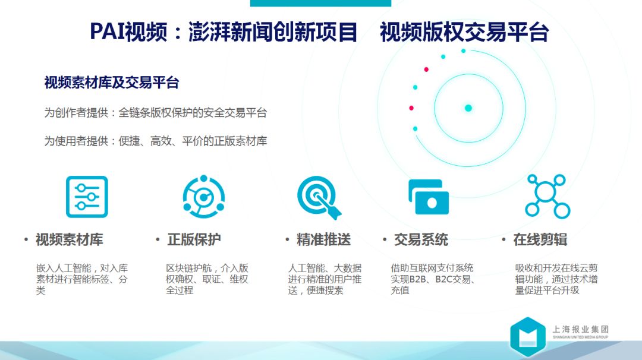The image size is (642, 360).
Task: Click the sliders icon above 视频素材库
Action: tap(87, 197)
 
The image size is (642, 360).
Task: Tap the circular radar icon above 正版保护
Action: tap(203, 197)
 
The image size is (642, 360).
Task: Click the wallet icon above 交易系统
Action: tap(429, 197)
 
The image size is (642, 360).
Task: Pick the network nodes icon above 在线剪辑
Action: tap(547, 197)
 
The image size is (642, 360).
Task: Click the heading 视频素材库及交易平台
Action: tap(112, 83)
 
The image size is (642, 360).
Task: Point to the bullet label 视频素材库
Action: tap(69, 239)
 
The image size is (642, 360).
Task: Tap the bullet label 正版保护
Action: tap(194, 239)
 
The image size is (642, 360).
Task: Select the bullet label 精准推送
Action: tap(323, 239)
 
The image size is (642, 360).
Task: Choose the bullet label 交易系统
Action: tap(421, 239)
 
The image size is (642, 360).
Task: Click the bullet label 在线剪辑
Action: tap(540, 239)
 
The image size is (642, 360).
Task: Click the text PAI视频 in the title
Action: tap(128, 32)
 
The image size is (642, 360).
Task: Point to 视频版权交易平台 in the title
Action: tap(464, 32)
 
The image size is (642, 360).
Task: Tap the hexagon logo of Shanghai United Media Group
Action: tap(528, 336)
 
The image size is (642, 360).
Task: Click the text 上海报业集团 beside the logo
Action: tap(581, 329)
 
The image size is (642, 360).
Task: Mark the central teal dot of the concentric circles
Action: tap(468, 108)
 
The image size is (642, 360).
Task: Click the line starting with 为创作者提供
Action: tap(156, 112)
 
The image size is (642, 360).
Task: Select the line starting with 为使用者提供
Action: tap(156, 141)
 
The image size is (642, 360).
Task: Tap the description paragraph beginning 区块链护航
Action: tap(207, 279)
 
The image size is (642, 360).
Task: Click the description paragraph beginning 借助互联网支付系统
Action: tap(433, 279)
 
